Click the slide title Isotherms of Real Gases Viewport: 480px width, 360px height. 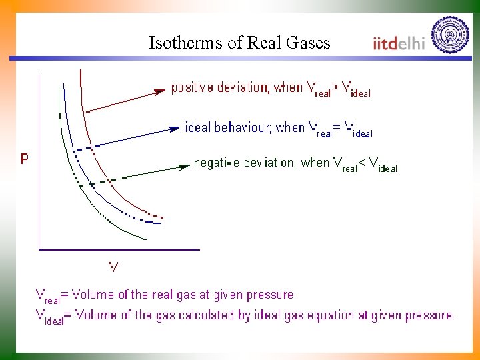(x=239, y=43)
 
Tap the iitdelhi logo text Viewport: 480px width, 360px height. (x=399, y=43)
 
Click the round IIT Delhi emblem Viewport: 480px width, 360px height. (x=451, y=35)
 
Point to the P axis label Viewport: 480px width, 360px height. (x=25, y=159)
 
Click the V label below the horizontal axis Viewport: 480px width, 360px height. (x=114, y=267)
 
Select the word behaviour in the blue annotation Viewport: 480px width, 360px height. (x=246, y=127)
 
